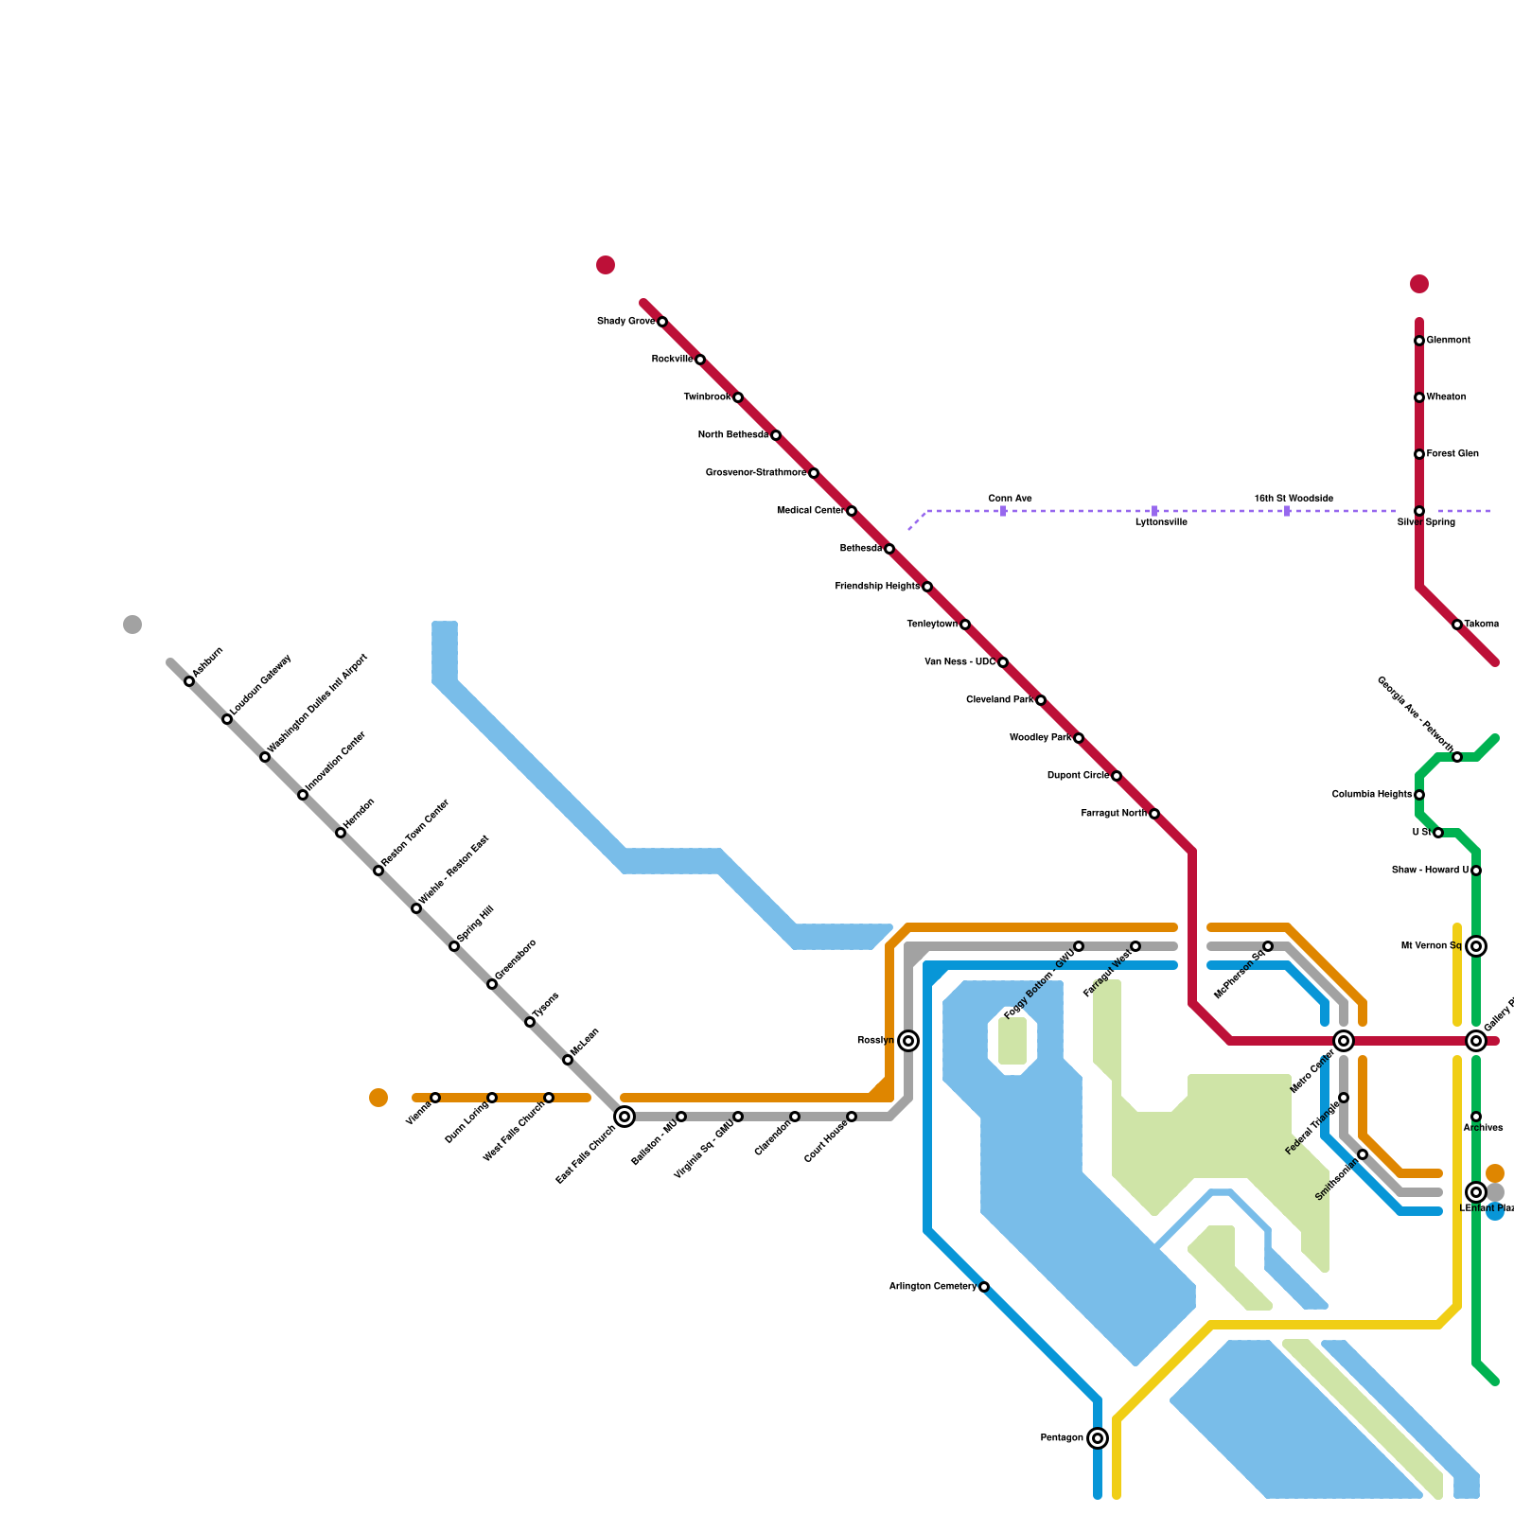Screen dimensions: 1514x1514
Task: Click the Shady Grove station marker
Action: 662,322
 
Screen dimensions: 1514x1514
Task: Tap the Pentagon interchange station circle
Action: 1098,1438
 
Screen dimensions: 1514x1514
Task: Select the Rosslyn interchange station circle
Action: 908,1041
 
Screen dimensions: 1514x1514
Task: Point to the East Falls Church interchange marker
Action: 625,1117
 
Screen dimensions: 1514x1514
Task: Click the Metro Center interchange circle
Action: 1344,1041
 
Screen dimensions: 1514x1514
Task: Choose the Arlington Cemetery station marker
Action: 984,1287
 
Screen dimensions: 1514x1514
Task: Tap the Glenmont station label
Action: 1448,341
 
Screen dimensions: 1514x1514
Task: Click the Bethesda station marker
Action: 889,549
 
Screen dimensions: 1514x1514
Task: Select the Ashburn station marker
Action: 189,681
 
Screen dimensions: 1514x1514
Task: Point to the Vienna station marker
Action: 435,1098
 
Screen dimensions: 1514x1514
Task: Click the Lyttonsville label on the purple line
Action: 1161,522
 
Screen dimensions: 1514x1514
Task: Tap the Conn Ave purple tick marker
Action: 1003,511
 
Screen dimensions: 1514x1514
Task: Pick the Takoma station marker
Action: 1457,625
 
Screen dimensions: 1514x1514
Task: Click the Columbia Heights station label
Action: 1371,795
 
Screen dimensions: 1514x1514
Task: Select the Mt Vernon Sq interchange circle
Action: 1476,946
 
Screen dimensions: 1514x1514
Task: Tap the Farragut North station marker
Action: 1154,814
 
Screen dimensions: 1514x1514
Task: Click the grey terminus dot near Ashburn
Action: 132,625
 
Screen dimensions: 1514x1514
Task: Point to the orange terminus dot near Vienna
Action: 378,1098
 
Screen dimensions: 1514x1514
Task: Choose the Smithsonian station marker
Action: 1363,1154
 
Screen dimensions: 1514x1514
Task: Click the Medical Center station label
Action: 809,511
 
